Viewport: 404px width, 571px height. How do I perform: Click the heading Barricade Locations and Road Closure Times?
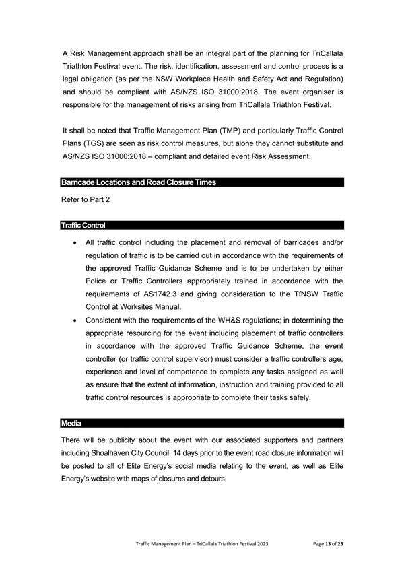(139, 182)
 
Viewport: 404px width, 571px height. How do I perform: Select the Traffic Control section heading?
(83, 225)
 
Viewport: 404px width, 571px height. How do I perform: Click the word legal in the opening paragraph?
(72, 77)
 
